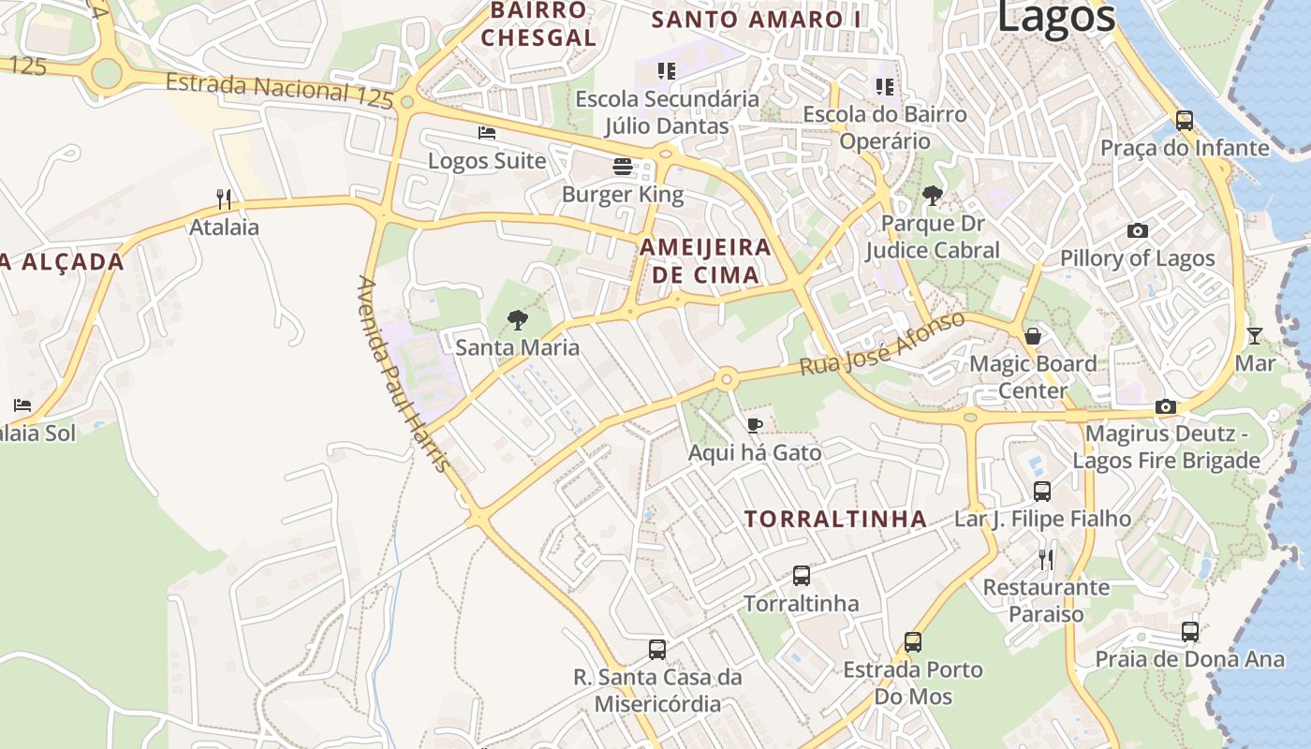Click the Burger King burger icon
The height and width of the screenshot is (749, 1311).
[x=623, y=167]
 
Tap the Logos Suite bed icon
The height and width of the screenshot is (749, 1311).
[x=486, y=133]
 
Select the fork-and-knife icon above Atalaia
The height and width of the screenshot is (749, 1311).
[x=224, y=198]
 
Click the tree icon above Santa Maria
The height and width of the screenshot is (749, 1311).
[x=517, y=320]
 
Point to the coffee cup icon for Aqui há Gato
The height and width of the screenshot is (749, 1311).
[x=755, y=426]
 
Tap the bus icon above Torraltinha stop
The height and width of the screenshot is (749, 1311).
[x=802, y=576]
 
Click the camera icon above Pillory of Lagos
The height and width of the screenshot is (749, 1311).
[x=1138, y=230]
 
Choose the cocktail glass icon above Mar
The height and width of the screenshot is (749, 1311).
[x=1255, y=335]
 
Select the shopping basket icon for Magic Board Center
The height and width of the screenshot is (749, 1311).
[x=1033, y=336]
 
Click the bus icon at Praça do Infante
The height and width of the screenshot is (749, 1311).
[x=1185, y=120]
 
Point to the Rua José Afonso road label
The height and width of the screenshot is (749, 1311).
[x=881, y=344]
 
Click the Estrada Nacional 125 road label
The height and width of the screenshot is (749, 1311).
[x=278, y=89]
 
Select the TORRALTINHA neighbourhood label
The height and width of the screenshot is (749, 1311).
[x=835, y=519]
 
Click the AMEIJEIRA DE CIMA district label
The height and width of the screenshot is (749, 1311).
[x=706, y=261]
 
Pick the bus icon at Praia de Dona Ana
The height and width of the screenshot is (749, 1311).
[x=1190, y=631]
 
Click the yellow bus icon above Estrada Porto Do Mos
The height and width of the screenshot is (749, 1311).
[x=913, y=642]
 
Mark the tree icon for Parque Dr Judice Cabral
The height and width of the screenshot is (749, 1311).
[x=932, y=196]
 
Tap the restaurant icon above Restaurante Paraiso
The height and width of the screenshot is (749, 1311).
[x=1046, y=560]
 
